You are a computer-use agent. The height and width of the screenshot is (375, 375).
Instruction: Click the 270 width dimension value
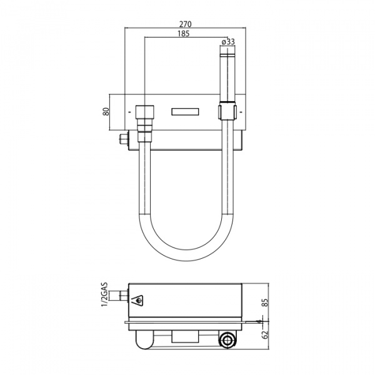click(x=186, y=24)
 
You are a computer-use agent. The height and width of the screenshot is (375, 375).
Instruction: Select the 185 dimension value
click(x=183, y=34)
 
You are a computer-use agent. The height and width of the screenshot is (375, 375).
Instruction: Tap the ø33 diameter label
click(x=228, y=42)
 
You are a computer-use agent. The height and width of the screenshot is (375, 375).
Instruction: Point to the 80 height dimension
click(x=106, y=111)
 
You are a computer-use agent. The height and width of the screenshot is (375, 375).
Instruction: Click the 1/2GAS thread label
click(x=105, y=294)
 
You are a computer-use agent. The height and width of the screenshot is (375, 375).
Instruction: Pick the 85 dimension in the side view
click(x=266, y=302)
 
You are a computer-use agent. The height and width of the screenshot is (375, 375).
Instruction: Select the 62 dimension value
click(x=265, y=334)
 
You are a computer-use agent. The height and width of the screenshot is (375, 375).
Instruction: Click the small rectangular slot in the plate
click(x=186, y=112)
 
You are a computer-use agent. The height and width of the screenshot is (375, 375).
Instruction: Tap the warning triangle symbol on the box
click(x=137, y=301)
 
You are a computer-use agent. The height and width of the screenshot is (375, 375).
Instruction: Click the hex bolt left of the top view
click(x=124, y=139)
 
